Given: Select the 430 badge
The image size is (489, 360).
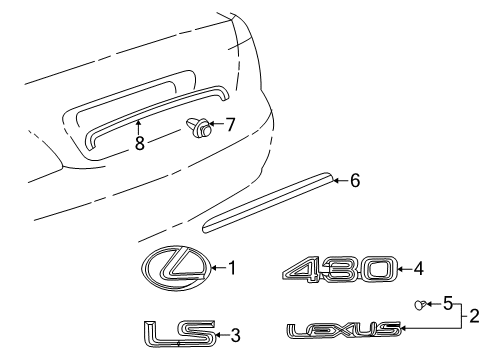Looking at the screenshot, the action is [x=340, y=269].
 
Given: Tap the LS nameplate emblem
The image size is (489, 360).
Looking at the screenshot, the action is [x=180, y=334].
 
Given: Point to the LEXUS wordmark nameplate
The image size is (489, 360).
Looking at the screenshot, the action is [x=344, y=330].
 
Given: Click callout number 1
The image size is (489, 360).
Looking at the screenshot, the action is [x=232, y=268].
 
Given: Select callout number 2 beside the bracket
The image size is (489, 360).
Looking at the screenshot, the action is [x=474, y=316].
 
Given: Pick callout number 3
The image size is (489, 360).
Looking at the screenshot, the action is [x=235, y=335].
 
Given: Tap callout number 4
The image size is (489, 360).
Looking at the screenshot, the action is [x=418, y=269].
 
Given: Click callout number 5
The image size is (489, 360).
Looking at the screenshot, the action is [x=448, y=304].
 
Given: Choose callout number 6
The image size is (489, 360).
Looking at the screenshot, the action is [x=355, y=181].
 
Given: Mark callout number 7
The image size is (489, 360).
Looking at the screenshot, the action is [x=230, y=125].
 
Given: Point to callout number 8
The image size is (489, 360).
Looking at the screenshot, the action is [x=140, y=143].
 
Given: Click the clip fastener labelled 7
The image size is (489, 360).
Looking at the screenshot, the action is [x=199, y=127].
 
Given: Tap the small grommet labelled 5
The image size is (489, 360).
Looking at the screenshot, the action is [x=420, y=305].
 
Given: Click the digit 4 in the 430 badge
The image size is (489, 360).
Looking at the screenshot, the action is [x=303, y=270].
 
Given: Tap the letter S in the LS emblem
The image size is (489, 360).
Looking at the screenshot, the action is [x=197, y=333].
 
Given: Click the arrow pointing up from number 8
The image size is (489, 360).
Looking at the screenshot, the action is [x=138, y=128].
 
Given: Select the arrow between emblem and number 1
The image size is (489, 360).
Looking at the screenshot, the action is [x=218, y=267].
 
